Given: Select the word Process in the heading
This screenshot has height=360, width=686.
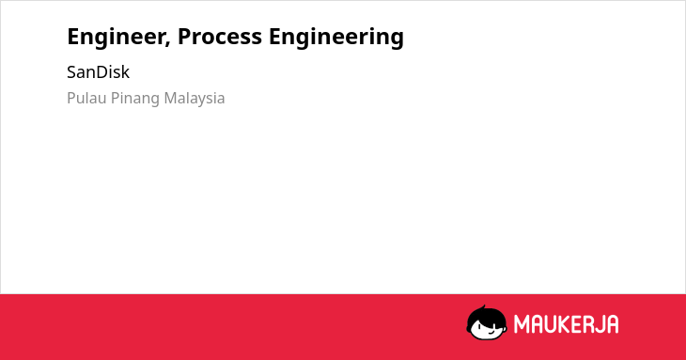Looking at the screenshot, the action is pos(220,37).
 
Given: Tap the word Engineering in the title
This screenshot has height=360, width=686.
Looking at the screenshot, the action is pos(336,38).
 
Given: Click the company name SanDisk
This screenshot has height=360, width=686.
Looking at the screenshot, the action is pos(98,72).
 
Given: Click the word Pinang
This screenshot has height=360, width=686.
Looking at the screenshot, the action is pos(135,99).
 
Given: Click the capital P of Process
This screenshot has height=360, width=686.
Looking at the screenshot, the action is pos(184,37).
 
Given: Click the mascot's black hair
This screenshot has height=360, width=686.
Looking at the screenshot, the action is pos(486,317).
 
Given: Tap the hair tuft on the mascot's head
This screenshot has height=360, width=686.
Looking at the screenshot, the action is pos(483,307).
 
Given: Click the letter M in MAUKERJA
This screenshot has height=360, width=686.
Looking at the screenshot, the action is pos(521,324).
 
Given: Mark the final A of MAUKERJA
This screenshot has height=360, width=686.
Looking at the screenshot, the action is pos(612,324).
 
